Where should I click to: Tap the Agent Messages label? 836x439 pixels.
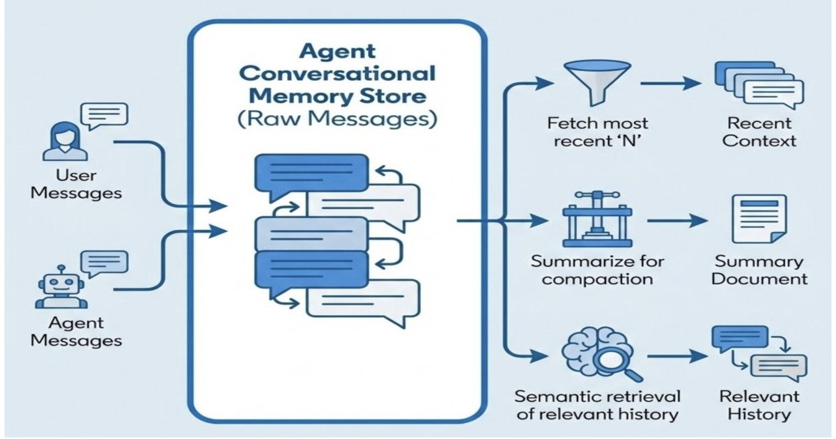point(76,331)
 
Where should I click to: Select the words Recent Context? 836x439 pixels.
point(759,132)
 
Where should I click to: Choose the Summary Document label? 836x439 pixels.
point(759,270)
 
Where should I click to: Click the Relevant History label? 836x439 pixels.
point(759,405)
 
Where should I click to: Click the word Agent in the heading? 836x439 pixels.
point(337,51)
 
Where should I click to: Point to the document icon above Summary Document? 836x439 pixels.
point(759,219)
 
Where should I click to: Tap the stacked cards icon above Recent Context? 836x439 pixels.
point(759,86)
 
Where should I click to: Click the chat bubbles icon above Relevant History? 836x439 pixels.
point(759,354)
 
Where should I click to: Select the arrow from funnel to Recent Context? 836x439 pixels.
point(669,84)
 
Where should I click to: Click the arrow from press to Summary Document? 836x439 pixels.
point(675,221)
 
